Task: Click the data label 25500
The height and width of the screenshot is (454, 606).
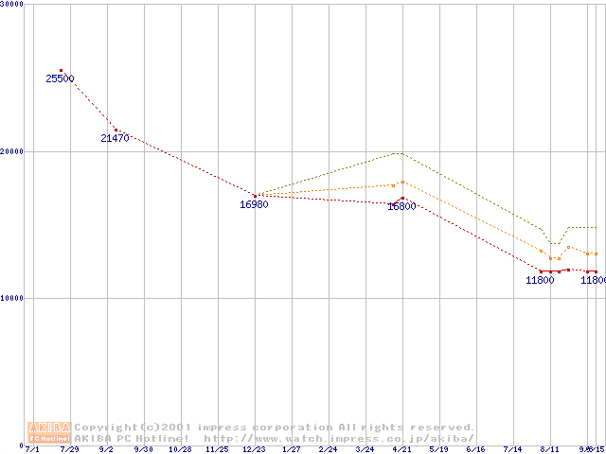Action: coord(60,79)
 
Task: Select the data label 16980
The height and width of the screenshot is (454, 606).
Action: coord(254,204)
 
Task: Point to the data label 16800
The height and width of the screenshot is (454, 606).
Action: coord(401,206)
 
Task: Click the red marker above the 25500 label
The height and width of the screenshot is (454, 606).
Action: coord(61,71)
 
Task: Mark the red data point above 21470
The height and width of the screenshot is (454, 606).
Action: coord(116,130)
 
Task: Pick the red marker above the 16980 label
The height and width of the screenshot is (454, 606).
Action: coord(255,196)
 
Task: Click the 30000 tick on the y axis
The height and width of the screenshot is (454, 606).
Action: coord(12,4)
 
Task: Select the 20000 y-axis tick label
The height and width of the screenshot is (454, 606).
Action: coord(12,151)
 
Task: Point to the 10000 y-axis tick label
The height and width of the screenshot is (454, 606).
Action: coord(12,298)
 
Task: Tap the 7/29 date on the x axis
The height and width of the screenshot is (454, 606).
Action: coord(69,450)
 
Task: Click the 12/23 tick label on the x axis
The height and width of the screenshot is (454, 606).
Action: coord(254,450)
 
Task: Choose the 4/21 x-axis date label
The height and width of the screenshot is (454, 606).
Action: coord(401,450)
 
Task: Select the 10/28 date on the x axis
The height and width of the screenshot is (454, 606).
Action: coord(180,450)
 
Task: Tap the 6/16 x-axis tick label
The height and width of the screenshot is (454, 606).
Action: coord(475,450)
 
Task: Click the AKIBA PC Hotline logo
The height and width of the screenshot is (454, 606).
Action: coord(49,432)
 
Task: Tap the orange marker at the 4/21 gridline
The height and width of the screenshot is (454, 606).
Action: coord(402,182)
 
